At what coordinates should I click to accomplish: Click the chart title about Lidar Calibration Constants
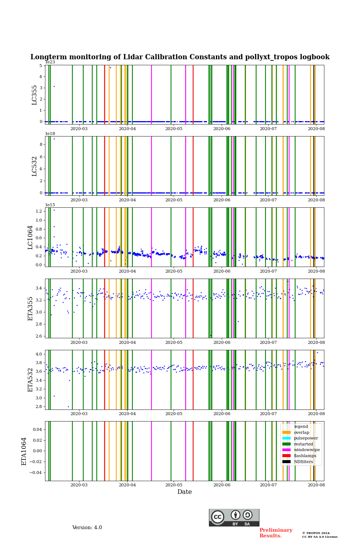click(x=180, y=57)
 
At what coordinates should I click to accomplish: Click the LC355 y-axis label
click(x=34, y=95)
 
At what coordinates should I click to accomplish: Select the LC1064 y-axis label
click(x=30, y=237)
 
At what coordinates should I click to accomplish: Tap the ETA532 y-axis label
click(x=30, y=380)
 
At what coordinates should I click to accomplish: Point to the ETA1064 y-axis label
click(x=24, y=451)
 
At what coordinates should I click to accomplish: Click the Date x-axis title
click(x=184, y=492)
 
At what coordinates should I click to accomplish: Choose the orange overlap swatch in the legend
click(x=286, y=432)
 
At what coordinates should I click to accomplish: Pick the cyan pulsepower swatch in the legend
click(x=286, y=438)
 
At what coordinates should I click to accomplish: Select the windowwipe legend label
click(x=307, y=450)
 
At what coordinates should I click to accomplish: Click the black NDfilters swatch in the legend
click(x=286, y=462)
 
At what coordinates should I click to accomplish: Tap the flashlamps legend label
click(x=305, y=456)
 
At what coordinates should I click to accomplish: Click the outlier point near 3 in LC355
click(x=54, y=86)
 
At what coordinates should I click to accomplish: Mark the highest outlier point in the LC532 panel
click(x=54, y=139)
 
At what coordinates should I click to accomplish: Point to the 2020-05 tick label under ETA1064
click(x=174, y=485)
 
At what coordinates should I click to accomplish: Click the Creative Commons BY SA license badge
click(x=234, y=517)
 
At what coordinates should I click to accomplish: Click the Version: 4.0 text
click(x=87, y=528)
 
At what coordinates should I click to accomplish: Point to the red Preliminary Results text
click(x=276, y=533)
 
